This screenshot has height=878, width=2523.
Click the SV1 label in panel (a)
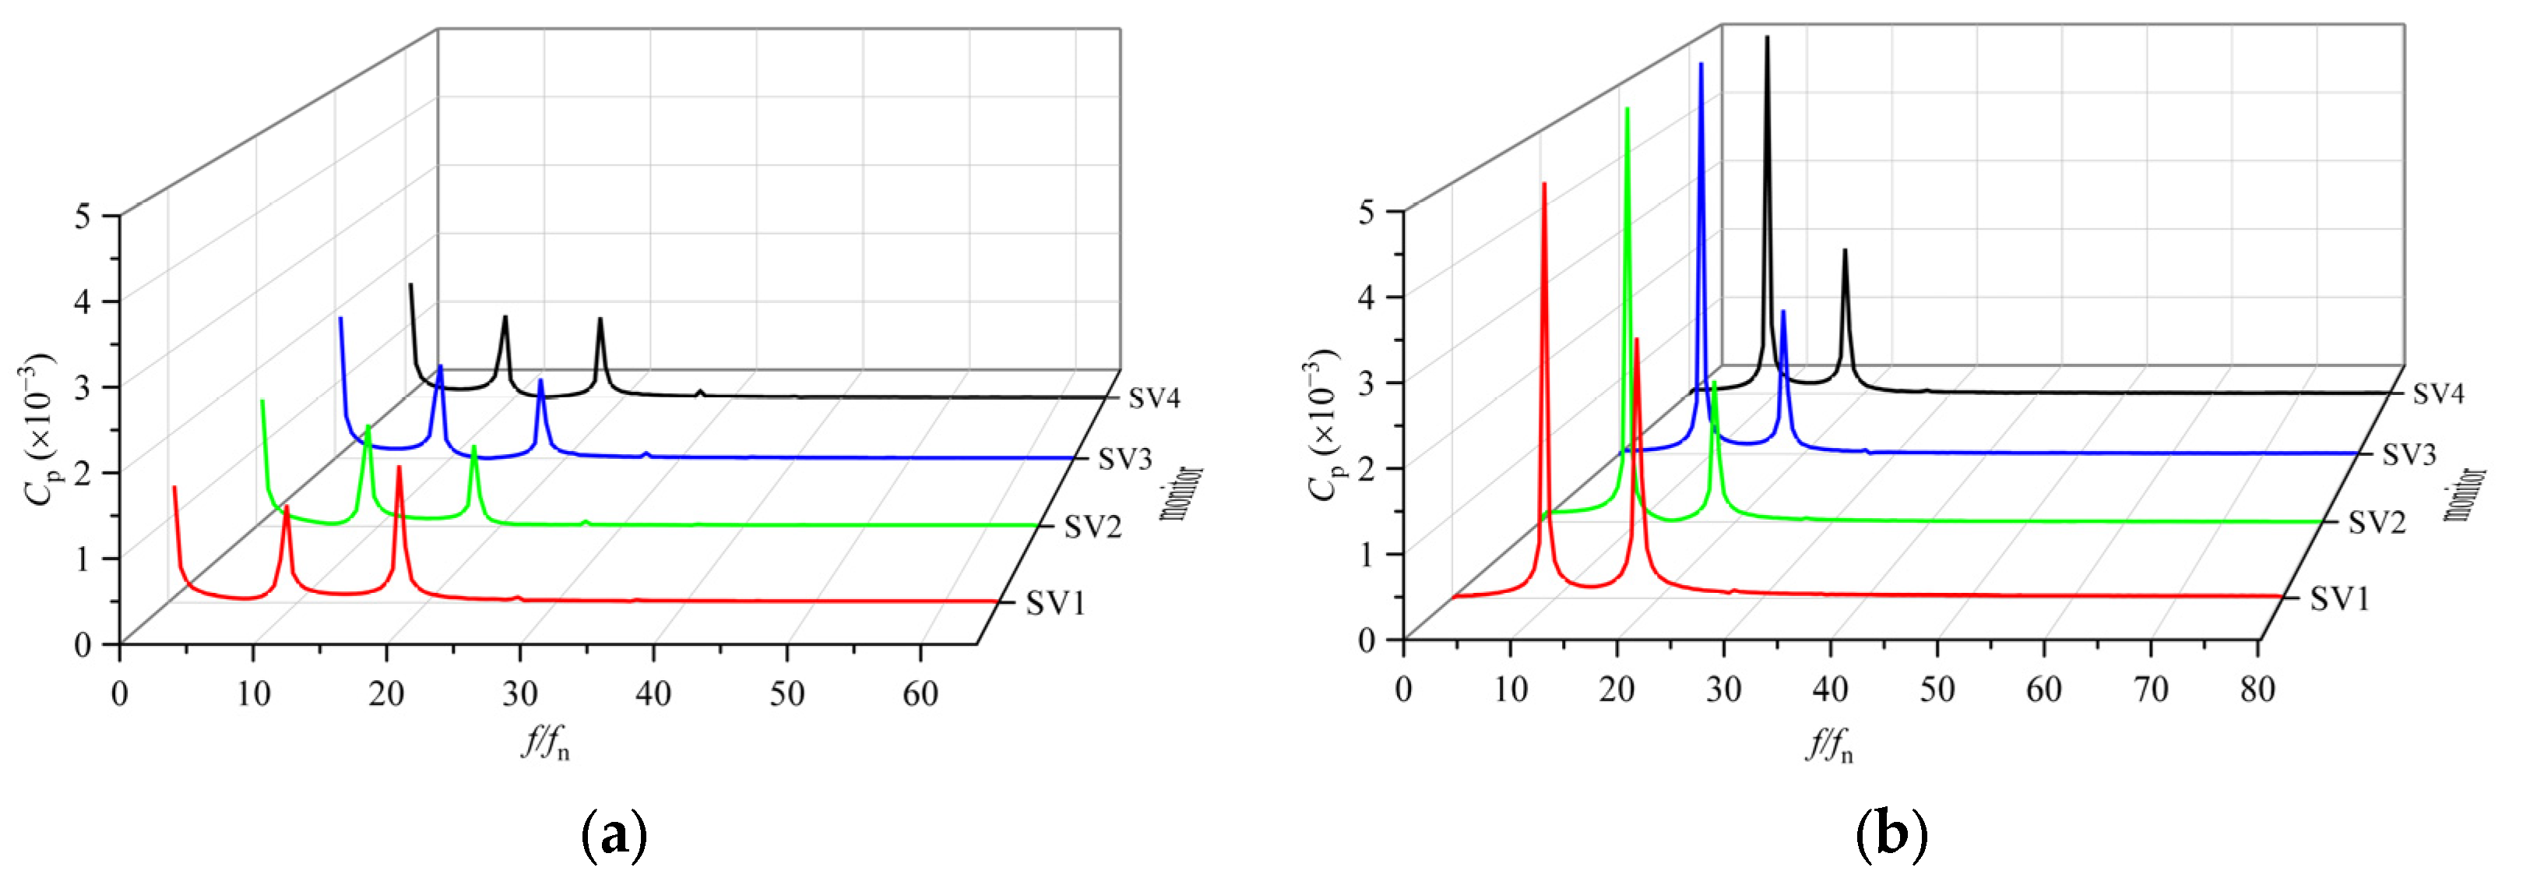click(1056, 603)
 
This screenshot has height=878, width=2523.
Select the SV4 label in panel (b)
click(2438, 394)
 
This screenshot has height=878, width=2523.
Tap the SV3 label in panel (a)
click(1124, 459)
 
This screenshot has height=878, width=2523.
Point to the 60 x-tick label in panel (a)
click(920, 695)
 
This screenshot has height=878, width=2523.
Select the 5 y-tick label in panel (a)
click(83, 216)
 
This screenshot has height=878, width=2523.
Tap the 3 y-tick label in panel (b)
click(1367, 383)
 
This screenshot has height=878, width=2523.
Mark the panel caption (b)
click(1892, 836)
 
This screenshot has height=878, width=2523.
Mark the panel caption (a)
click(615, 836)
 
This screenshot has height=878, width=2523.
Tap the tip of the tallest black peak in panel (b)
click(1767, 37)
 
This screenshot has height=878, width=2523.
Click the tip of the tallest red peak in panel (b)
click(1544, 183)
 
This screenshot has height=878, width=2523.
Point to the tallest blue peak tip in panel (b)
click(1701, 64)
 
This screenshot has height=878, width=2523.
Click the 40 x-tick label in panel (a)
click(653, 695)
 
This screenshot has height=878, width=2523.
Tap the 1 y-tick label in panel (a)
click(83, 559)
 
